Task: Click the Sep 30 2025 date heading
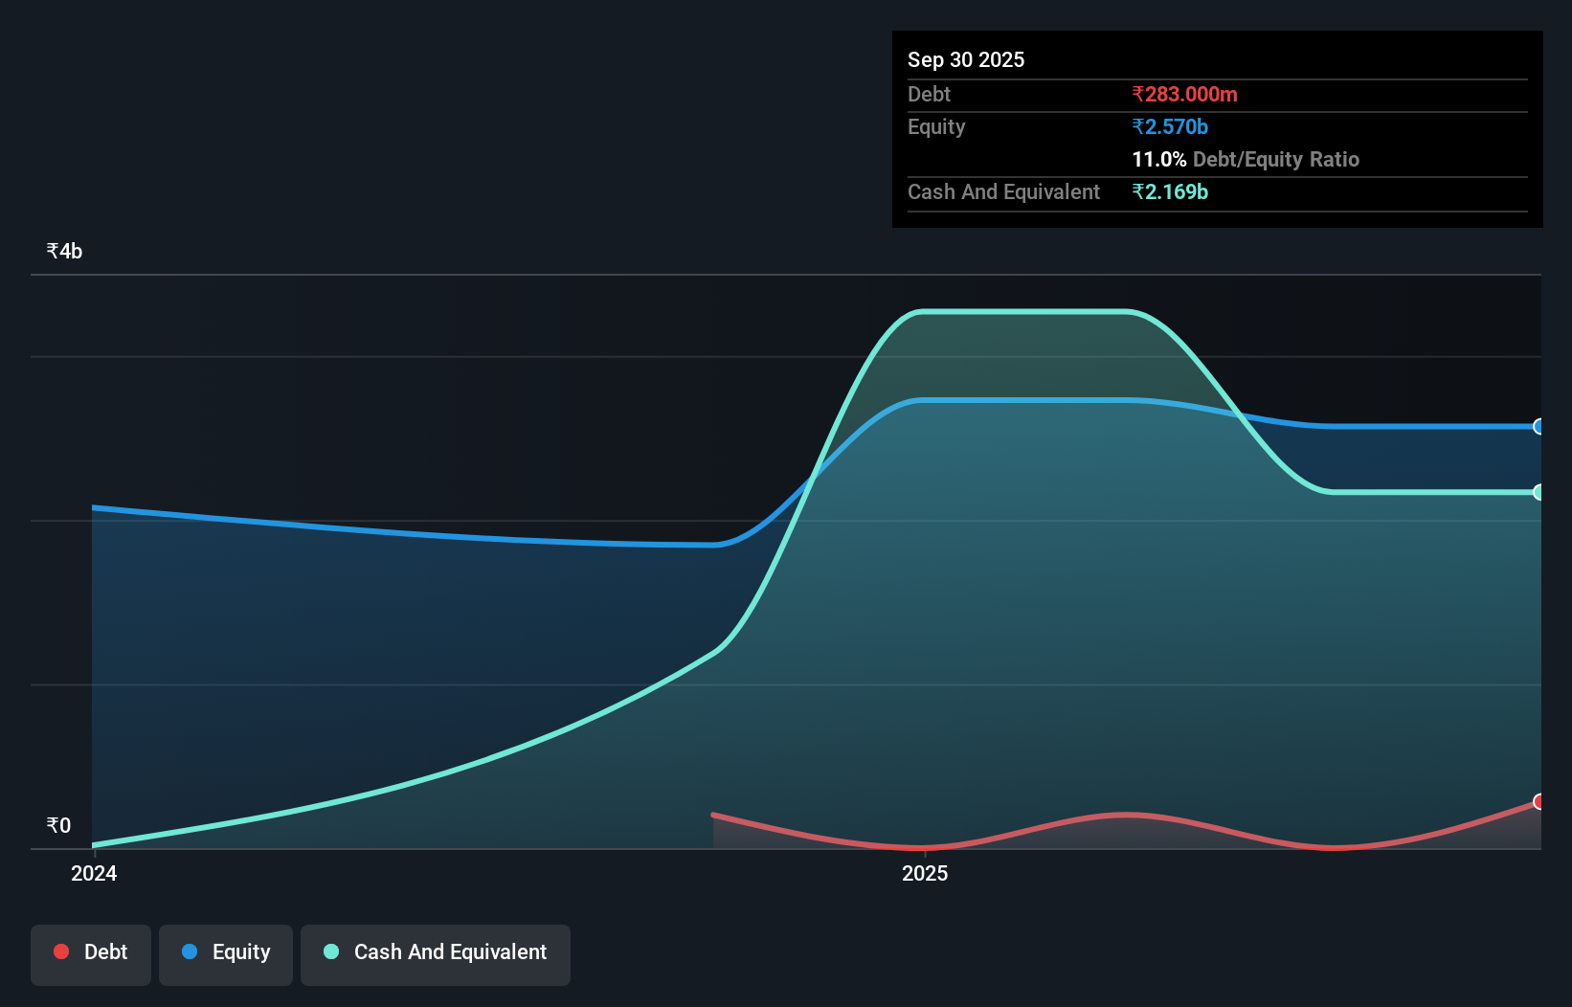965,59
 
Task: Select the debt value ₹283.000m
1184,94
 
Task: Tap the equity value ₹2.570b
1169,126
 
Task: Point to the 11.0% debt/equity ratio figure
1158,159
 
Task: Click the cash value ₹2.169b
1169,191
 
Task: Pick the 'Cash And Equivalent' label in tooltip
1003,191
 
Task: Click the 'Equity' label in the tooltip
935,126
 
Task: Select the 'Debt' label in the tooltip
929,94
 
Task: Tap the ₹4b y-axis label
64,251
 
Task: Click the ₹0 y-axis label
58,825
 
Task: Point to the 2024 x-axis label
94,873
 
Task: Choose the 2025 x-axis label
925,873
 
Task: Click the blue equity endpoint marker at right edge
1538,427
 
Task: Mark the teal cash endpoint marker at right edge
1538,492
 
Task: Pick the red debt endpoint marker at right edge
1538,801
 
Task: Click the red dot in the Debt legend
61,951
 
